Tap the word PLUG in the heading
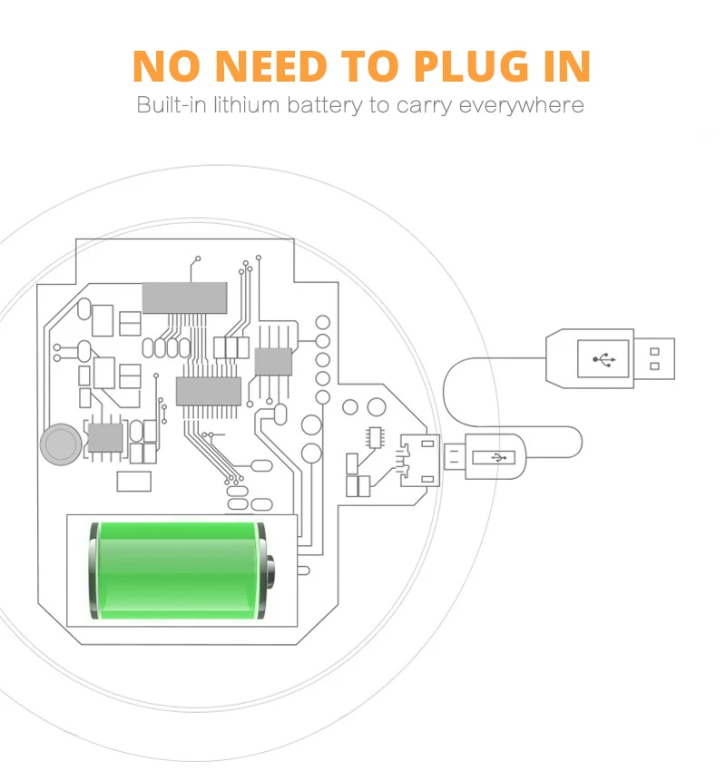tap(475, 66)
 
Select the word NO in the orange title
tap(170, 66)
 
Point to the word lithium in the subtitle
tap(247, 105)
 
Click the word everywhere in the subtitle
tap(521, 105)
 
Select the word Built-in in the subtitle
tap(172, 105)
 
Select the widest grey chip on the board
tap(184, 298)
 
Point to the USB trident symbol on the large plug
tap(604, 359)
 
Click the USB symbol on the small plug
tap(498, 457)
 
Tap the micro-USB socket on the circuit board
tap(422, 457)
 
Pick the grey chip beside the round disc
tap(104, 437)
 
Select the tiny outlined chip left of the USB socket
tap(374, 436)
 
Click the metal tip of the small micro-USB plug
tap(453, 457)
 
